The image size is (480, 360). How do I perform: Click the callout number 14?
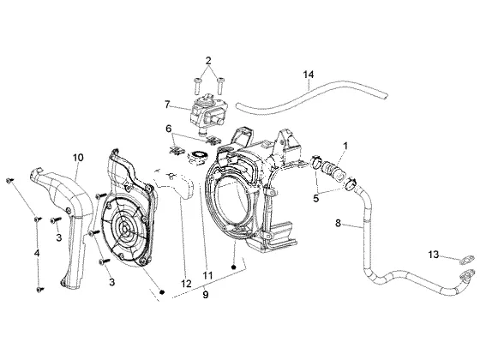pyautogui.click(x=309, y=75)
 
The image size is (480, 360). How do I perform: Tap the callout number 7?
pyautogui.click(x=167, y=105)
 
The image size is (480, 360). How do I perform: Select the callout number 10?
pyautogui.click(x=78, y=158)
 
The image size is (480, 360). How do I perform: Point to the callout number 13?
pyautogui.click(x=433, y=255)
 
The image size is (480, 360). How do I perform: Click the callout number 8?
pyautogui.click(x=338, y=223)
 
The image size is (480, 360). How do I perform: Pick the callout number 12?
pyautogui.click(x=186, y=284)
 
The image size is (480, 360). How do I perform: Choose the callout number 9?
pyautogui.click(x=206, y=295)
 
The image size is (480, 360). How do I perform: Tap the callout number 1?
pyautogui.click(x=345, y=146)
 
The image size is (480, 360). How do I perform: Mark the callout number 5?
pyautogui.click(x=316, y=198)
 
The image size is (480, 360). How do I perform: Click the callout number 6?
pyautogui.click(x=169, y=129)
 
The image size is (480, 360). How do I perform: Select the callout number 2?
pyautogui.click(x=208, y=61)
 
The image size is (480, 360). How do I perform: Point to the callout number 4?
pyautogui.click(x=37, y=253)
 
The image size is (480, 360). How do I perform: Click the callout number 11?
pyautogui.click(x=207, y=275)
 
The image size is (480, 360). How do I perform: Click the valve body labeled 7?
pyautogui.click(x=207, y=114)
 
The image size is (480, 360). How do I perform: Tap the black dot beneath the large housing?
pyautogui.click(x=234, y=267)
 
